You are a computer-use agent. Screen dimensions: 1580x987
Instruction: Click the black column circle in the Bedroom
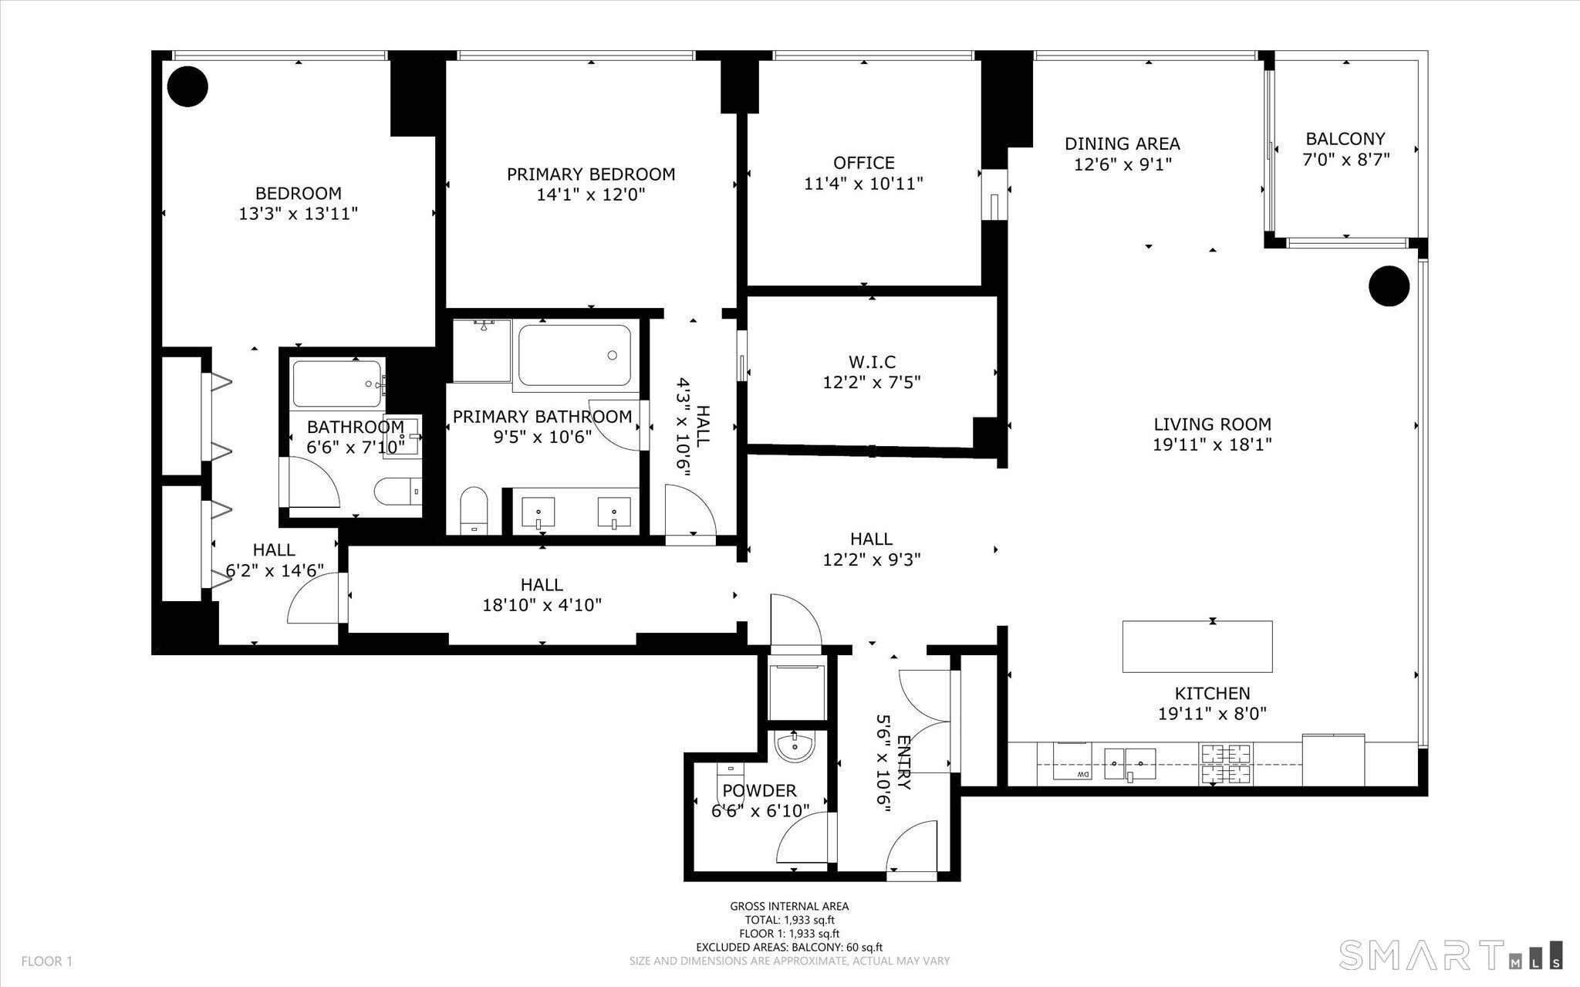(x=188, y=86)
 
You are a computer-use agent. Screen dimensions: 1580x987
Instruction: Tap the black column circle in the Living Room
(x=1389, y=286)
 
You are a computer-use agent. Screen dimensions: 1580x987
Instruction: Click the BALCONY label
(x=1345, y=139)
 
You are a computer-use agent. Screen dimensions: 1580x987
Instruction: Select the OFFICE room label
(x=864, y=163)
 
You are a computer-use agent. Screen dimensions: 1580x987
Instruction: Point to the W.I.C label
(x=872, y=361)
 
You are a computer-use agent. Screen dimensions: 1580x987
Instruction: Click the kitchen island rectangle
(x=1197, y=647)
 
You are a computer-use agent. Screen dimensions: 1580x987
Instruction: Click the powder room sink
(x=794, y=747)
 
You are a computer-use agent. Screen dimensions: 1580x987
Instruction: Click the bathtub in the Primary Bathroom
(x=574, y=355)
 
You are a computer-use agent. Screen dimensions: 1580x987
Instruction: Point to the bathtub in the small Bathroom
(x=337, y=384)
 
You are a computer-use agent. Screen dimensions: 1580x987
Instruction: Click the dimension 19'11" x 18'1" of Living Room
(x=1212, y=444)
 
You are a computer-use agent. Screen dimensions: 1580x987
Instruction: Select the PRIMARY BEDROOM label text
(x=591, y=174)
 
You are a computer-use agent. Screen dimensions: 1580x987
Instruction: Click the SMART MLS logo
(x=1451, y=954)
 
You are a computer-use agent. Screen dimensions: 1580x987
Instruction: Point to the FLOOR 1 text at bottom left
(x=46, y=962)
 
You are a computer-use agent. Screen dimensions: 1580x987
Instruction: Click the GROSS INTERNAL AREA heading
(x=789, y=907)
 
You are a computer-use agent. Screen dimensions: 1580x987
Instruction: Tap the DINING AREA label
(x=1123, y=144)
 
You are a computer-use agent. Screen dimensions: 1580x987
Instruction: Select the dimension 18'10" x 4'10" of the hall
(x=542, y=605)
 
